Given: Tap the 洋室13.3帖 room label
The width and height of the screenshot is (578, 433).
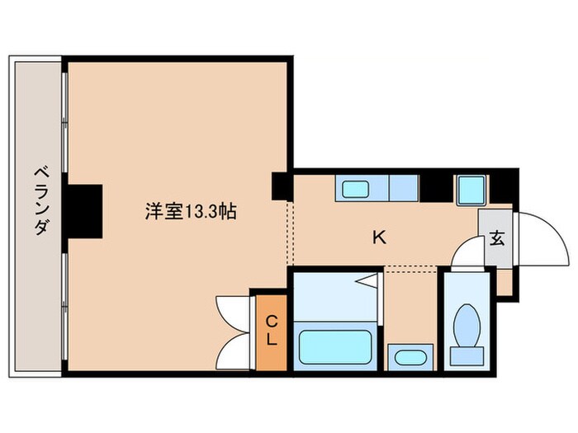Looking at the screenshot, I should pos(192,212).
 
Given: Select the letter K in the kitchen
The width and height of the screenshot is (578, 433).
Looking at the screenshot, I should pos(379,238).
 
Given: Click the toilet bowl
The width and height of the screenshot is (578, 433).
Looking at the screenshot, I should pos(466,322).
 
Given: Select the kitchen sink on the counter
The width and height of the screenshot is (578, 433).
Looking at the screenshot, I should pos(355,188).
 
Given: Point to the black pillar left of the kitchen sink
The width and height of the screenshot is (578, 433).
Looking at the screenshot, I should pos(282,185).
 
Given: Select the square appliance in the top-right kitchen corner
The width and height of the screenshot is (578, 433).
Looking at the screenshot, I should pos(471,190).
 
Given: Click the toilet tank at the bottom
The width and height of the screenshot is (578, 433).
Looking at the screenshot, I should pos(466,355).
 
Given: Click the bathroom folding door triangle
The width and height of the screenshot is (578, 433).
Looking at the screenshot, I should pos(368,284).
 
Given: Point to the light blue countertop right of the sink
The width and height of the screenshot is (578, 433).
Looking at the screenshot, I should pos(403,188).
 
